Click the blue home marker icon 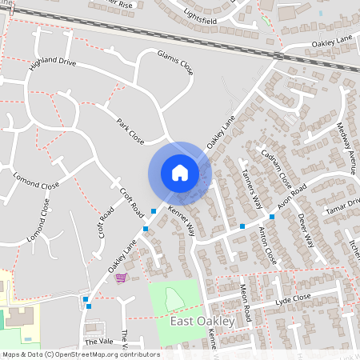click(180, 173)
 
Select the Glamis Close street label click(174, 62)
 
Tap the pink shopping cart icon click(121, 278)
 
